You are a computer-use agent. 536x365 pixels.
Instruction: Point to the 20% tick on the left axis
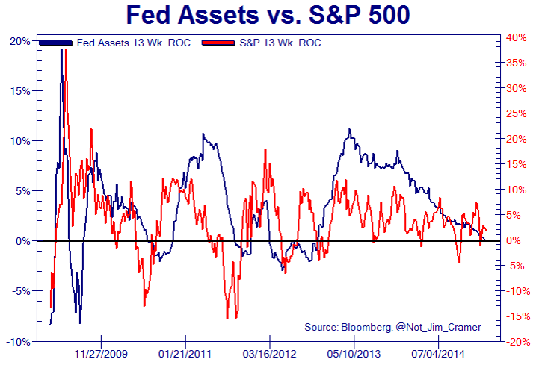[x=19, y=40]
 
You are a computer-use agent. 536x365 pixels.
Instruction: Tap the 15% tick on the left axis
[x=19, y=90]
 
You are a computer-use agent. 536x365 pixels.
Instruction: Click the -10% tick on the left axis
[x=18, y=341]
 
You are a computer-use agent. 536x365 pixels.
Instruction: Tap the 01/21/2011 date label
[x=185, y=353]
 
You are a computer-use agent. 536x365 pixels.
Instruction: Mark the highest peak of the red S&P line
[x=66, y=51]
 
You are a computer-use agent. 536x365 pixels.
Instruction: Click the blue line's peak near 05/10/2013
[x=348, y=130]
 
